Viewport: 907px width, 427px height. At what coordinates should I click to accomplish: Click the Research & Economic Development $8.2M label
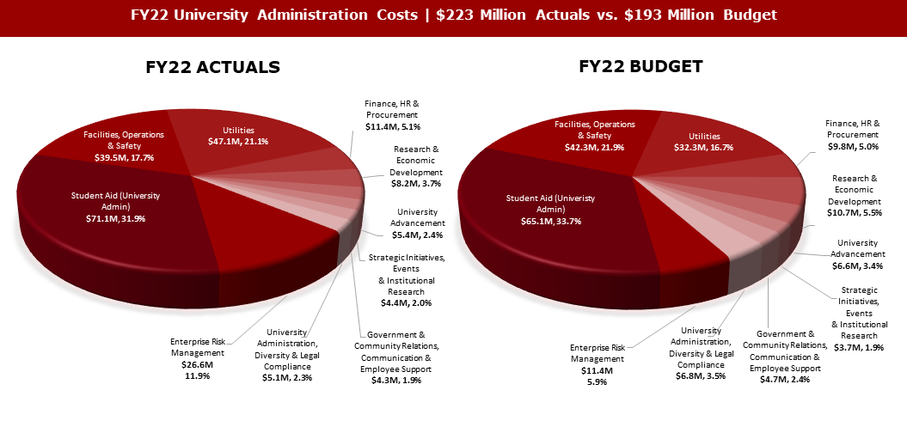[414, 166]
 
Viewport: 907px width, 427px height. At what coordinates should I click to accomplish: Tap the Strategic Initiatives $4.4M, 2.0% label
[407, 280]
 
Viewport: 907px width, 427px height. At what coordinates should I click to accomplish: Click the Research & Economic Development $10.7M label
[857, 195]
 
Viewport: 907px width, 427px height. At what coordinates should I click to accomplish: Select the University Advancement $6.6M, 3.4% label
[858, 254]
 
